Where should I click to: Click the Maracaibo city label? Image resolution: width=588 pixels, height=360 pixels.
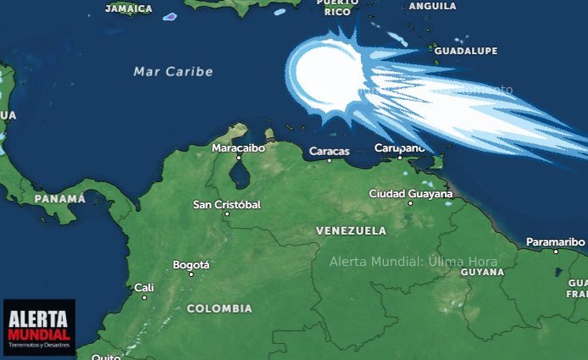point(238,148)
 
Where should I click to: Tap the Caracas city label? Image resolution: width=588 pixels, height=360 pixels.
point(330,152)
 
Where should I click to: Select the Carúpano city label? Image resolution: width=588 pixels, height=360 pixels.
point(400,148)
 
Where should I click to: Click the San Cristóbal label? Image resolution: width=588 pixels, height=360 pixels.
point(227,205)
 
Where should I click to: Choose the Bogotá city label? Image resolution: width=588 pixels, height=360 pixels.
point(191,265)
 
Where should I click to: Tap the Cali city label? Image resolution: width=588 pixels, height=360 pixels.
point(144,288)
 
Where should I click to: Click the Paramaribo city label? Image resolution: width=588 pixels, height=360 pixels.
point(556,242)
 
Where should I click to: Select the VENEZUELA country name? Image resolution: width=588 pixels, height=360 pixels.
point(351,230)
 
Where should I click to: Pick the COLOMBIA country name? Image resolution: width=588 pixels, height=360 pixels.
point(219,308)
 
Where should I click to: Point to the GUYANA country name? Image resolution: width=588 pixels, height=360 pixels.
point(482,272)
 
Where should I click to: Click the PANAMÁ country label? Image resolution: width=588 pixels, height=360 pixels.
point(60,199)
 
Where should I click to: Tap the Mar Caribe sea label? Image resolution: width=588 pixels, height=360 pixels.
point(174,72)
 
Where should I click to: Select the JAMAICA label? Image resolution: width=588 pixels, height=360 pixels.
point(129,8)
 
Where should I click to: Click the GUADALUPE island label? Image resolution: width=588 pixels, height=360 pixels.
point(466,52)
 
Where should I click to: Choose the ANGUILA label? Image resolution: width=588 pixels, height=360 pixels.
point(432,6)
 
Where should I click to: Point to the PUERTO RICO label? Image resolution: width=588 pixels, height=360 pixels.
point(337,8)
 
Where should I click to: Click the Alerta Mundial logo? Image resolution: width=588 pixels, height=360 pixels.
point(39,327)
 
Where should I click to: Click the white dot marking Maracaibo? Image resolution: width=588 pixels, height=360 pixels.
point(238,158)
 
